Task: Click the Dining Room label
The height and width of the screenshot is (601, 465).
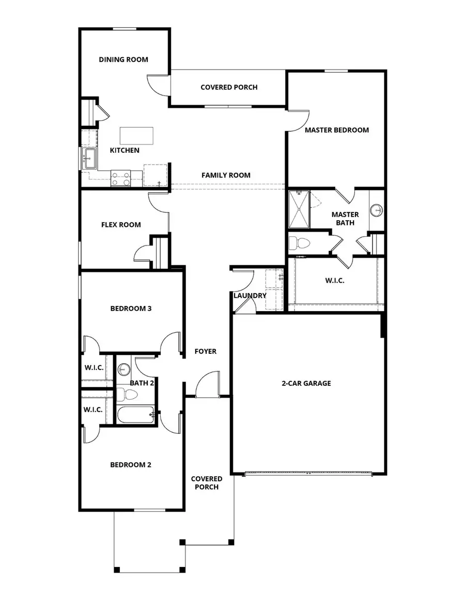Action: coord(123,59)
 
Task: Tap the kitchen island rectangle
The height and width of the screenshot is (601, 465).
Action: coord(137,136)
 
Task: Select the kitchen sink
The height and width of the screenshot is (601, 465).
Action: coord(88,158)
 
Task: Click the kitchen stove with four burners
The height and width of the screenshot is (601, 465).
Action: coord(120,178)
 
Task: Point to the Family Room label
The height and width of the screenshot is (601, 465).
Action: coord(226,175)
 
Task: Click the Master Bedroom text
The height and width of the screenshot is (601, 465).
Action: coord(337,130)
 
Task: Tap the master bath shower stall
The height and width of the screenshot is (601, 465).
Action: coord(299,208)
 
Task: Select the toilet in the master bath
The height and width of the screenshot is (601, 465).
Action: coord(299,242)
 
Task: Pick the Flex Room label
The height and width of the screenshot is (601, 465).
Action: coord(121,225)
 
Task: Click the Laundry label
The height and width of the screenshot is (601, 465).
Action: coord(250,296)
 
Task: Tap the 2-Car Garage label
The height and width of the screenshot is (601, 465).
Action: coord(306,383)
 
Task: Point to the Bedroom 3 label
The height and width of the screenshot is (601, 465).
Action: coord(131,309)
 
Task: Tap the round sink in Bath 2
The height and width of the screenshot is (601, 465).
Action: coord(124,369)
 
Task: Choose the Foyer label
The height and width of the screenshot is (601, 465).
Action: coord(205,351)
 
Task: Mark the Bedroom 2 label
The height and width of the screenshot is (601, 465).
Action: coord(131,465)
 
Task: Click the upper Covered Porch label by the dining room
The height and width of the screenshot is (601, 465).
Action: coord(229,87)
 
